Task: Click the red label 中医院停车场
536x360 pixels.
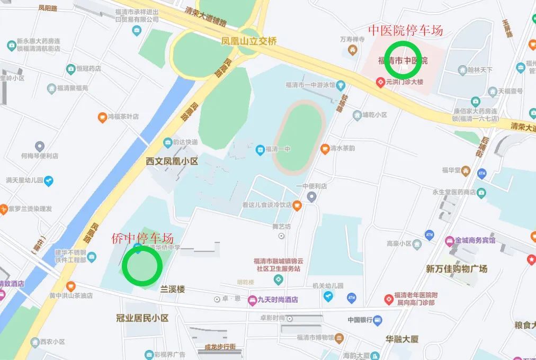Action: pyautogui.click(x=406, y=30)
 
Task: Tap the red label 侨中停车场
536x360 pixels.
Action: pyautogui.click(x=142, y=238)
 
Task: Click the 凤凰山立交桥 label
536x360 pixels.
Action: pyautogui.click(x=249, y=41)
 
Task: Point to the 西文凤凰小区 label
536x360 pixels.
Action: pyautogui.click(x=172, y=161)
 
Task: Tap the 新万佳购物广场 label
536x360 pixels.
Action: pyautogui.click(x=457, y=268)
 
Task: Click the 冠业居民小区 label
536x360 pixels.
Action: pyautogui.click(x=142, y=318)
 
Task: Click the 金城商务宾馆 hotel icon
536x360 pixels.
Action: pyautogui.click(x=450, y=240)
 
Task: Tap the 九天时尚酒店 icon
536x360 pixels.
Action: pyautogui.click(x=252, y=300)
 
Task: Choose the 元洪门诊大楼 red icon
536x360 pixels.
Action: pyautogui.click(x=380, y=82)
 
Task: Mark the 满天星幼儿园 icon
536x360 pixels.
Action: pyautogui.click(x=49, y=181)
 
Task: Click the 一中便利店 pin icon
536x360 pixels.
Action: pyautogui.click(x=311, y=197)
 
